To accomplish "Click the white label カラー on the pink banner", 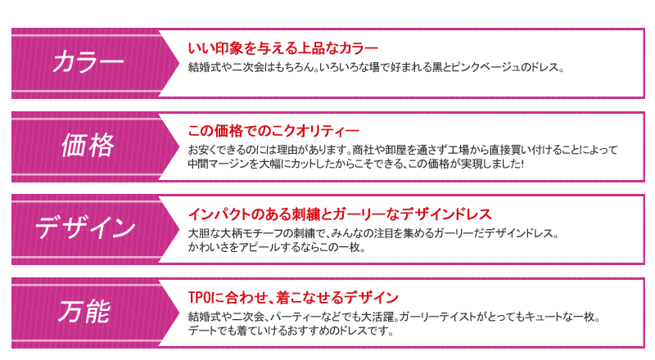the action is click(x=88, y=62).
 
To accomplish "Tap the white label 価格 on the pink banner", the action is click(x=88, y=146).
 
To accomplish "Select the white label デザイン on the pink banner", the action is click(x=86, y=228).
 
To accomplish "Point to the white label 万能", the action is click(x=85, y=312).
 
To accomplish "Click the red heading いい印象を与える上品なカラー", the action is click(x=282, y=48).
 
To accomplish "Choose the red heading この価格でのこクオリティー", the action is click(x=273, y=131).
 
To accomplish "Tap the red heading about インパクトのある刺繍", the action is click(x=340, y=214).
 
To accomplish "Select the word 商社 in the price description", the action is click(x=363, y=150).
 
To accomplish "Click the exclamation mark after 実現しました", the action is click(x=522, y=164).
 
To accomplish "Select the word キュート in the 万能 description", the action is click(x=544, y=317).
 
